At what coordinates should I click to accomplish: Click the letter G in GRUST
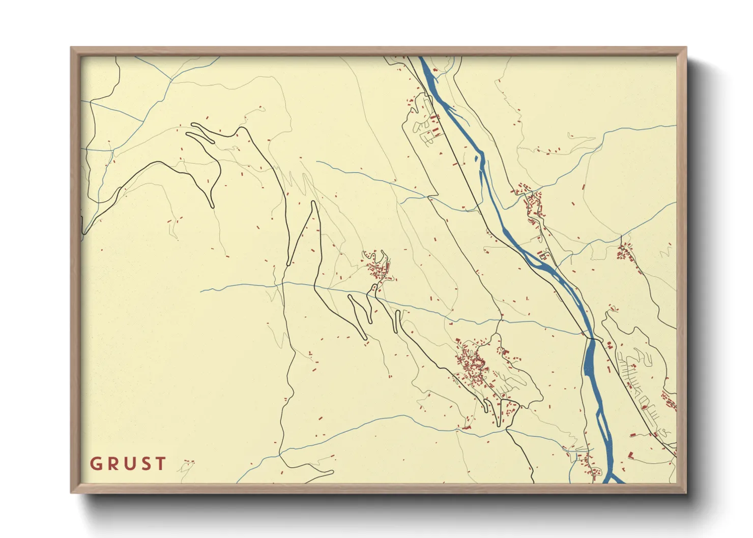pyautogui.click(x=95, y=464)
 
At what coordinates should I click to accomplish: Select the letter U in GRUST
pyautogui.click(x=128, y=464)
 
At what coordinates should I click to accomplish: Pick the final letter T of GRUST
pyautogui.click(x=160, y=464)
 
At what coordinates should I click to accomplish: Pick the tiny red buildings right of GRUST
pyautogui.click(x=189, y=462)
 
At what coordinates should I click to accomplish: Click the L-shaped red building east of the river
pyautogui.click(x=630, y=454)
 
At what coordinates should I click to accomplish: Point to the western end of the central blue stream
pyautogui.click(x=201, y=291)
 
